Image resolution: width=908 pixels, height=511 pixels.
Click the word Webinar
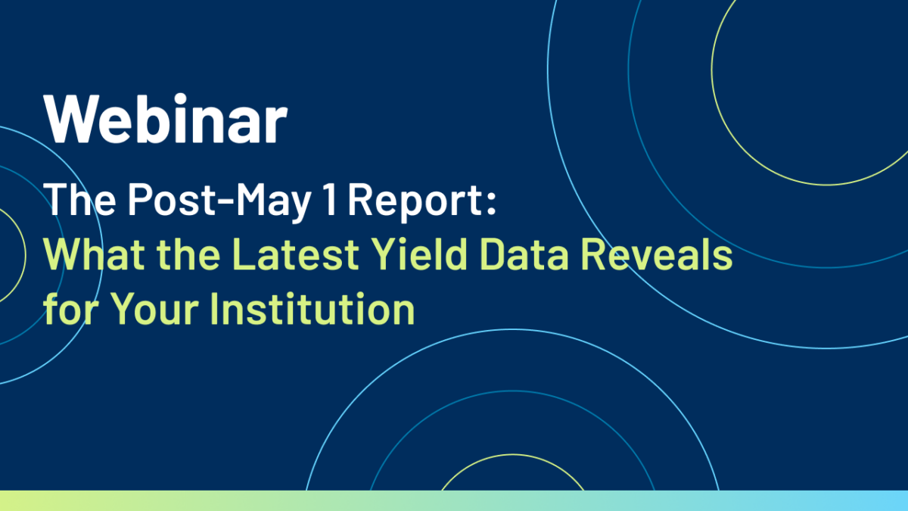166,118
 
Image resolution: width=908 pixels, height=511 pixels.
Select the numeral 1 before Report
331,198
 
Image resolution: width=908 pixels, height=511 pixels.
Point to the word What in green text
94,254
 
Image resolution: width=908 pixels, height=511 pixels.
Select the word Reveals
657,254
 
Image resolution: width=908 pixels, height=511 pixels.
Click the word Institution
313,309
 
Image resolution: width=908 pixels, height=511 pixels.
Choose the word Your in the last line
154,309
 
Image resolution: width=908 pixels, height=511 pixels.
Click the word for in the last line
71,309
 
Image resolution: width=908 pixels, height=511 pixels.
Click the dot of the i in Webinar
179,99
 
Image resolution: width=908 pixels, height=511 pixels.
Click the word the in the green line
188,254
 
